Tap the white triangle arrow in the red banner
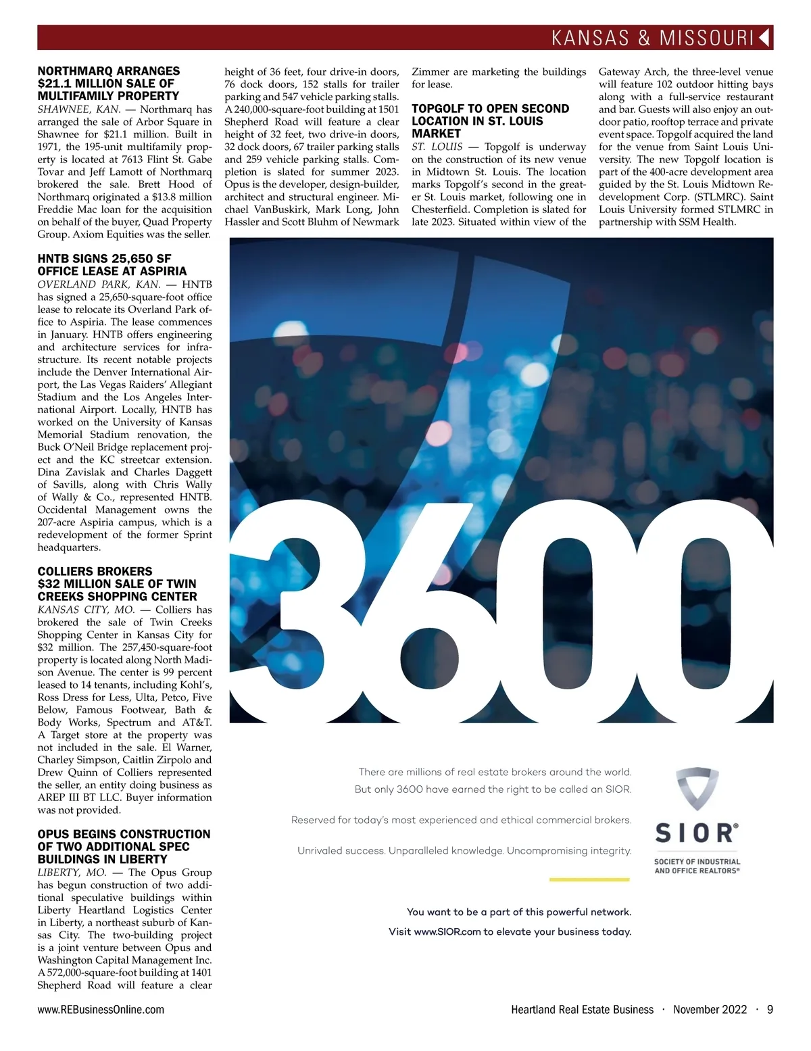pos(764,37)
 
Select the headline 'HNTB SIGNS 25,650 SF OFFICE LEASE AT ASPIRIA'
pos(112,264)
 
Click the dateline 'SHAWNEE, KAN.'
pos(79,109)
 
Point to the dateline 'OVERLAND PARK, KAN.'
pos(99,285)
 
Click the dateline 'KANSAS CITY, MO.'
pos(86,610)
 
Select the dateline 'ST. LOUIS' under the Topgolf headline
pos(437,147)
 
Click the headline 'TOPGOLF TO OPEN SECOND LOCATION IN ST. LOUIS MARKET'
pos(490,121)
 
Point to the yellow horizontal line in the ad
pos(589,879)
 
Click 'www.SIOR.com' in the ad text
pos(447,931)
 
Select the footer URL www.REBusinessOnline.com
pos(101,1010)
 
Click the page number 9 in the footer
pos(770,1010)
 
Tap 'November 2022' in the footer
pos(710,1010)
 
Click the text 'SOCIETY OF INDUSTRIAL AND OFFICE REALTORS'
pos(697,866)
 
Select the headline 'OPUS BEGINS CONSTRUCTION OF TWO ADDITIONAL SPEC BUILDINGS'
pos(124,846)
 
